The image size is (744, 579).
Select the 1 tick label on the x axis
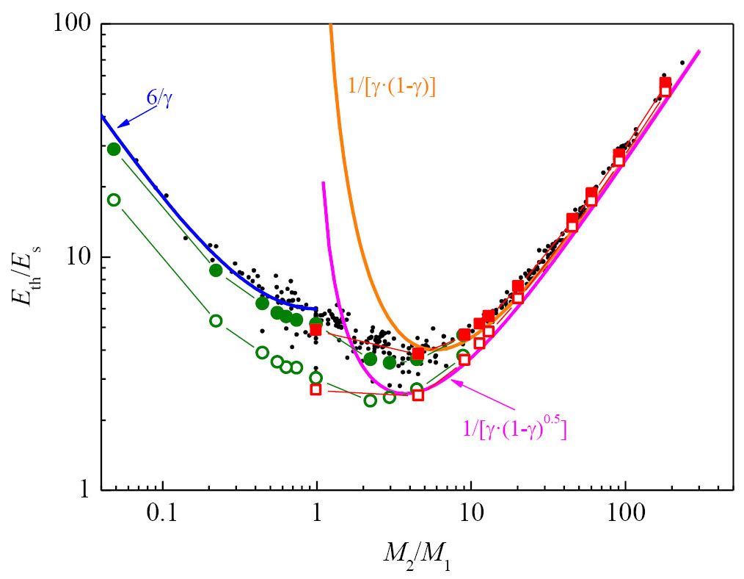[x=316, y=511]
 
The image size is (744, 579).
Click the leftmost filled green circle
[x=114, y=149]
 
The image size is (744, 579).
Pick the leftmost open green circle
[x=114, y=200]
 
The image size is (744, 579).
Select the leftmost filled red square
[x=316, y=330]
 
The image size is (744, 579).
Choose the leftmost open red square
[x=316, y=389]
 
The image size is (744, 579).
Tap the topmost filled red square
[x=665, y=82]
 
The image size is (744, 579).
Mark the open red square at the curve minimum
[x=418, y=395]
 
